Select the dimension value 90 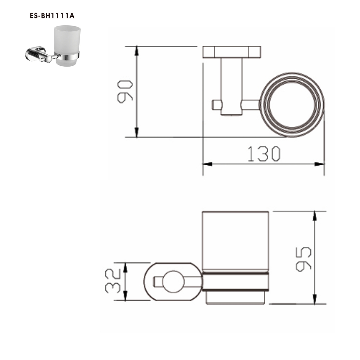126,92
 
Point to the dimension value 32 114,281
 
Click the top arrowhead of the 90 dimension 136,50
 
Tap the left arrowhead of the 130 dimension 207,164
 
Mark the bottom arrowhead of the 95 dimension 315,299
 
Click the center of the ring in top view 292,104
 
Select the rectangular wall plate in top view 232,52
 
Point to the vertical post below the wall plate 231,86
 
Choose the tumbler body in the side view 235,241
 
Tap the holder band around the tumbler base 235,282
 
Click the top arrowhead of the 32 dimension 126,267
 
